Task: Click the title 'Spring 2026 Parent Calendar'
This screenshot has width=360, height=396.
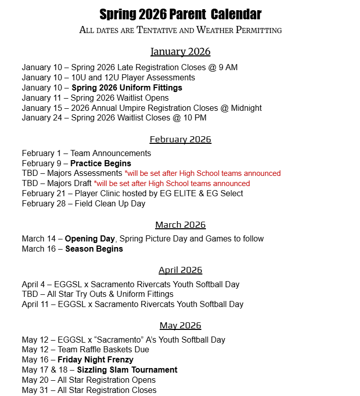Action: (181, 14)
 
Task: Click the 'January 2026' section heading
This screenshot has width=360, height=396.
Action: (181, 52)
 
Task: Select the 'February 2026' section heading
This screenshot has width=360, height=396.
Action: (181, 139)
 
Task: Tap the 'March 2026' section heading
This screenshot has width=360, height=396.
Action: (181, 225)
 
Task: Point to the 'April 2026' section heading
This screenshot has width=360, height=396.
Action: (181, 270)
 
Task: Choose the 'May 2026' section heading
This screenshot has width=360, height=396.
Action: (181, 325)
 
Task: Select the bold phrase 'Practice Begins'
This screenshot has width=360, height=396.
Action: (101, 163)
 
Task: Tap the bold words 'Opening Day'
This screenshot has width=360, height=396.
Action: (89, 238)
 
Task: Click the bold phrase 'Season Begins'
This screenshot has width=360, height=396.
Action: (94, 249)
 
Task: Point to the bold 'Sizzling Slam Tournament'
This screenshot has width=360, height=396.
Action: (127, 370)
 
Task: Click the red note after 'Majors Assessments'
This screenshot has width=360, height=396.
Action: (202, 173)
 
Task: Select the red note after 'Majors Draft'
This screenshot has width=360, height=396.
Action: (172, 184)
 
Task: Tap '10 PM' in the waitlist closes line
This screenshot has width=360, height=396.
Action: (194, 118)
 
